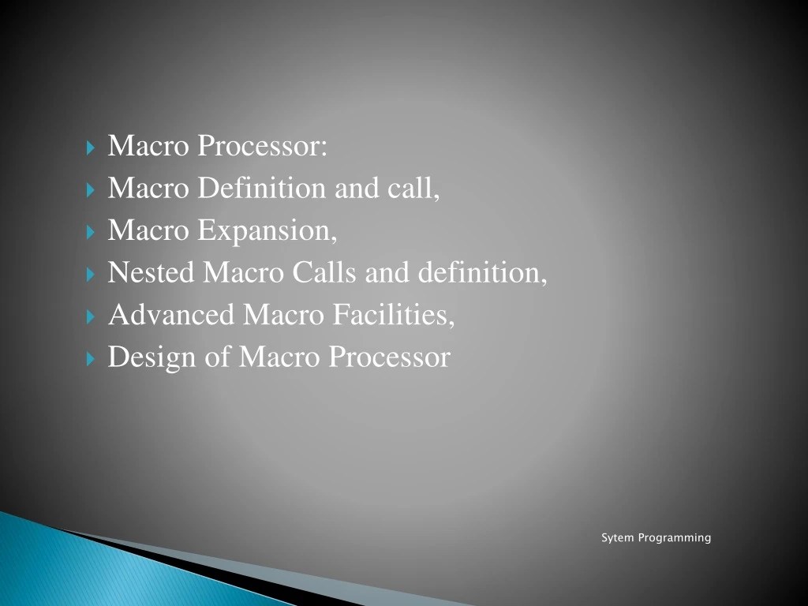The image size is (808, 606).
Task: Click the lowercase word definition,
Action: coord(482,273)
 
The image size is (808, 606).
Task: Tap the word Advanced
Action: coord(171,315)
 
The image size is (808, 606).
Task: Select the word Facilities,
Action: coord(392,315)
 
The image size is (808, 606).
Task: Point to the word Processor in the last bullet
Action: coord(389,357)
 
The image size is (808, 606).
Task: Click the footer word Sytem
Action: coord(618,538)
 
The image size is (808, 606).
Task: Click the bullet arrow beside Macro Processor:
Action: coord(90,148)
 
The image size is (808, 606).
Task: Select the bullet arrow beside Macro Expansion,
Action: coord(90,232)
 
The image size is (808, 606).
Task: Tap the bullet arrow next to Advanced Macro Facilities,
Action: coord(90,316)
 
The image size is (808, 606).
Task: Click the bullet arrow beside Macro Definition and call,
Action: coord(90,190)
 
